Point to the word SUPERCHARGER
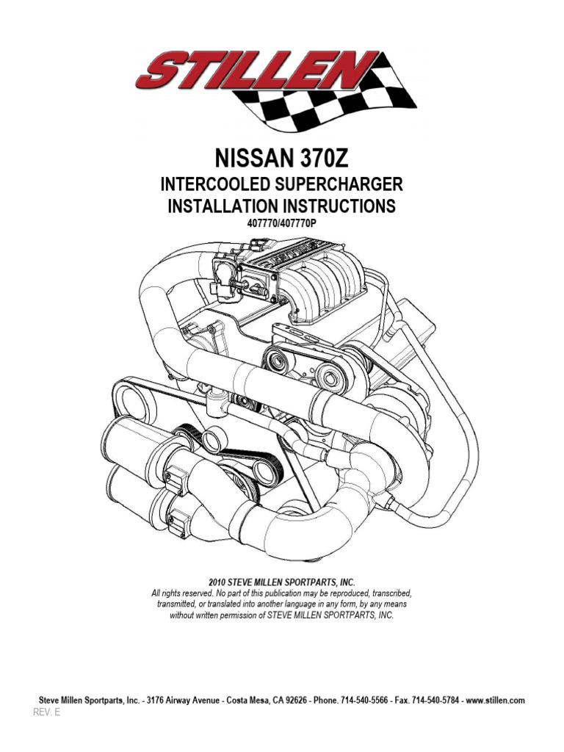click(340, 184)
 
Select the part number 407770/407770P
click(281, 223)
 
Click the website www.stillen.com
click(494, 701)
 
